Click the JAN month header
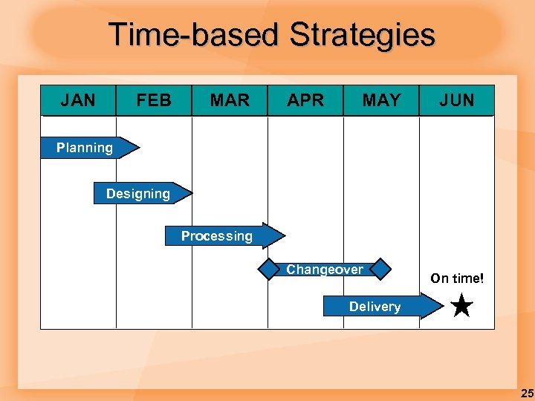[78, 100]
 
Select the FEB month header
[154, 100]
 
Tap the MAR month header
[230, 100]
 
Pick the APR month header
[305, 100]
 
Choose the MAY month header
[381, 100]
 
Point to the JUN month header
[456, 100]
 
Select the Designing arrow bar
[139, 194]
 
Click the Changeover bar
[325, 269]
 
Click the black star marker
[461, 305]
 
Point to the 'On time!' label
[457, 279]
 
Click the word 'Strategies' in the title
[362, 35]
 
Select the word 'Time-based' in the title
[195, 35]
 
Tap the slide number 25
[527, 394]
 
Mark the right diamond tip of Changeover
[380, 269]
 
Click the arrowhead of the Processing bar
[274, 235]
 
